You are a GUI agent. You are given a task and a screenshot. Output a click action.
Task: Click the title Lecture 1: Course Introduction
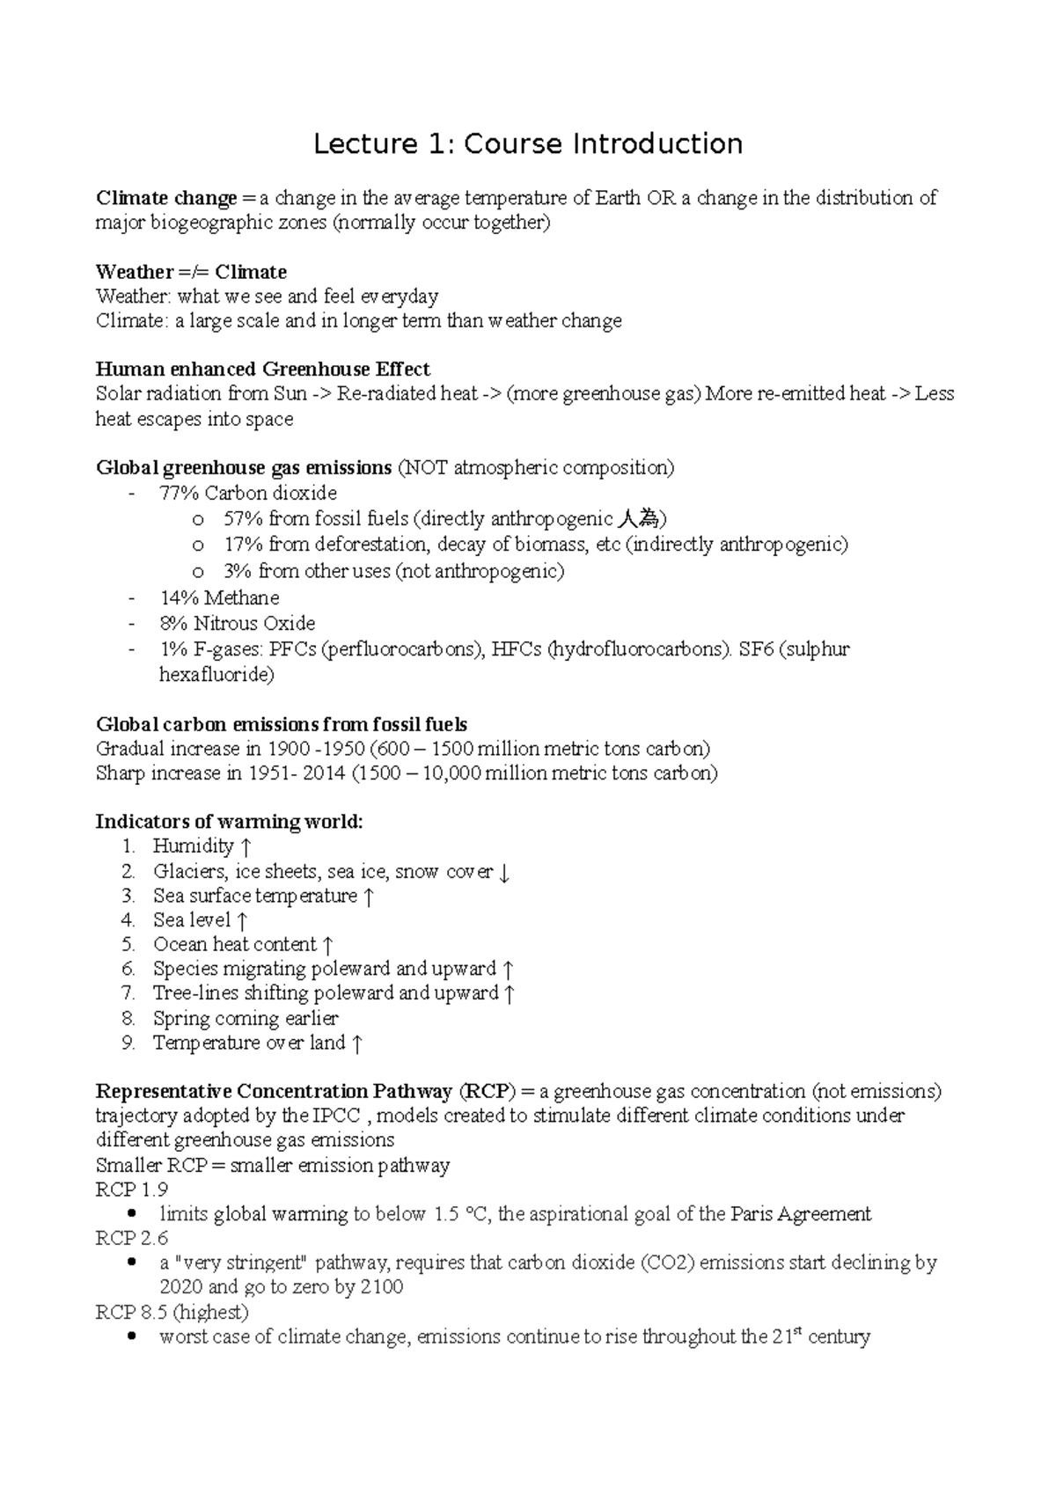pyautogui.click(x=528, y=143)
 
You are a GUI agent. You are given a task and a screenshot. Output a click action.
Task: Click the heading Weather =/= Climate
pyautogui.click(x=191, y=271)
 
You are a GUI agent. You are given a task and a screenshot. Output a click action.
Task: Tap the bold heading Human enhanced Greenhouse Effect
pyautogui.click(x=262, y=369)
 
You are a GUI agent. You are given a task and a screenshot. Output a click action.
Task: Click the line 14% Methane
pyautogui.click(x=218, y=598)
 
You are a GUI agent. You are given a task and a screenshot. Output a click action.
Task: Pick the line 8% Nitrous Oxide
pyautogui.click(x=236, y=624)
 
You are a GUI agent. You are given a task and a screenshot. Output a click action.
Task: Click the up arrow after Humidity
pyautogui.click(x=246, y=847)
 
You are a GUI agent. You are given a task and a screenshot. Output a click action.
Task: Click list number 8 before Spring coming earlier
pyautogui.click(x=128, y=1019)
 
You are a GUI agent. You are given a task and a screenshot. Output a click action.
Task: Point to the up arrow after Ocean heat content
pyautogui.click(x=327, y=946)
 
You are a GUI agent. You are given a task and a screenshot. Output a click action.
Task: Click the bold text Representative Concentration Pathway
pyautogui.click(x=273, y=1092)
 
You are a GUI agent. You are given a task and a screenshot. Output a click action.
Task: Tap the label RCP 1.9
pyautogui.click(x=131, y=1190)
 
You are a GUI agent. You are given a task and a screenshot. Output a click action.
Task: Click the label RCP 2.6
pyautogui.click(x=131, y=1238)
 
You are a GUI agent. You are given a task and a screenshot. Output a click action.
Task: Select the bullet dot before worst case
pyautogui.click(x=131, y=1337)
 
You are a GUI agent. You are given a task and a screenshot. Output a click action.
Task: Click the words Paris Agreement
pyautogui.click(x=801, y=1214)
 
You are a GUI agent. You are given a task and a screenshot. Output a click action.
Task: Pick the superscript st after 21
pyautogui.click(x=799, y=1331)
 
